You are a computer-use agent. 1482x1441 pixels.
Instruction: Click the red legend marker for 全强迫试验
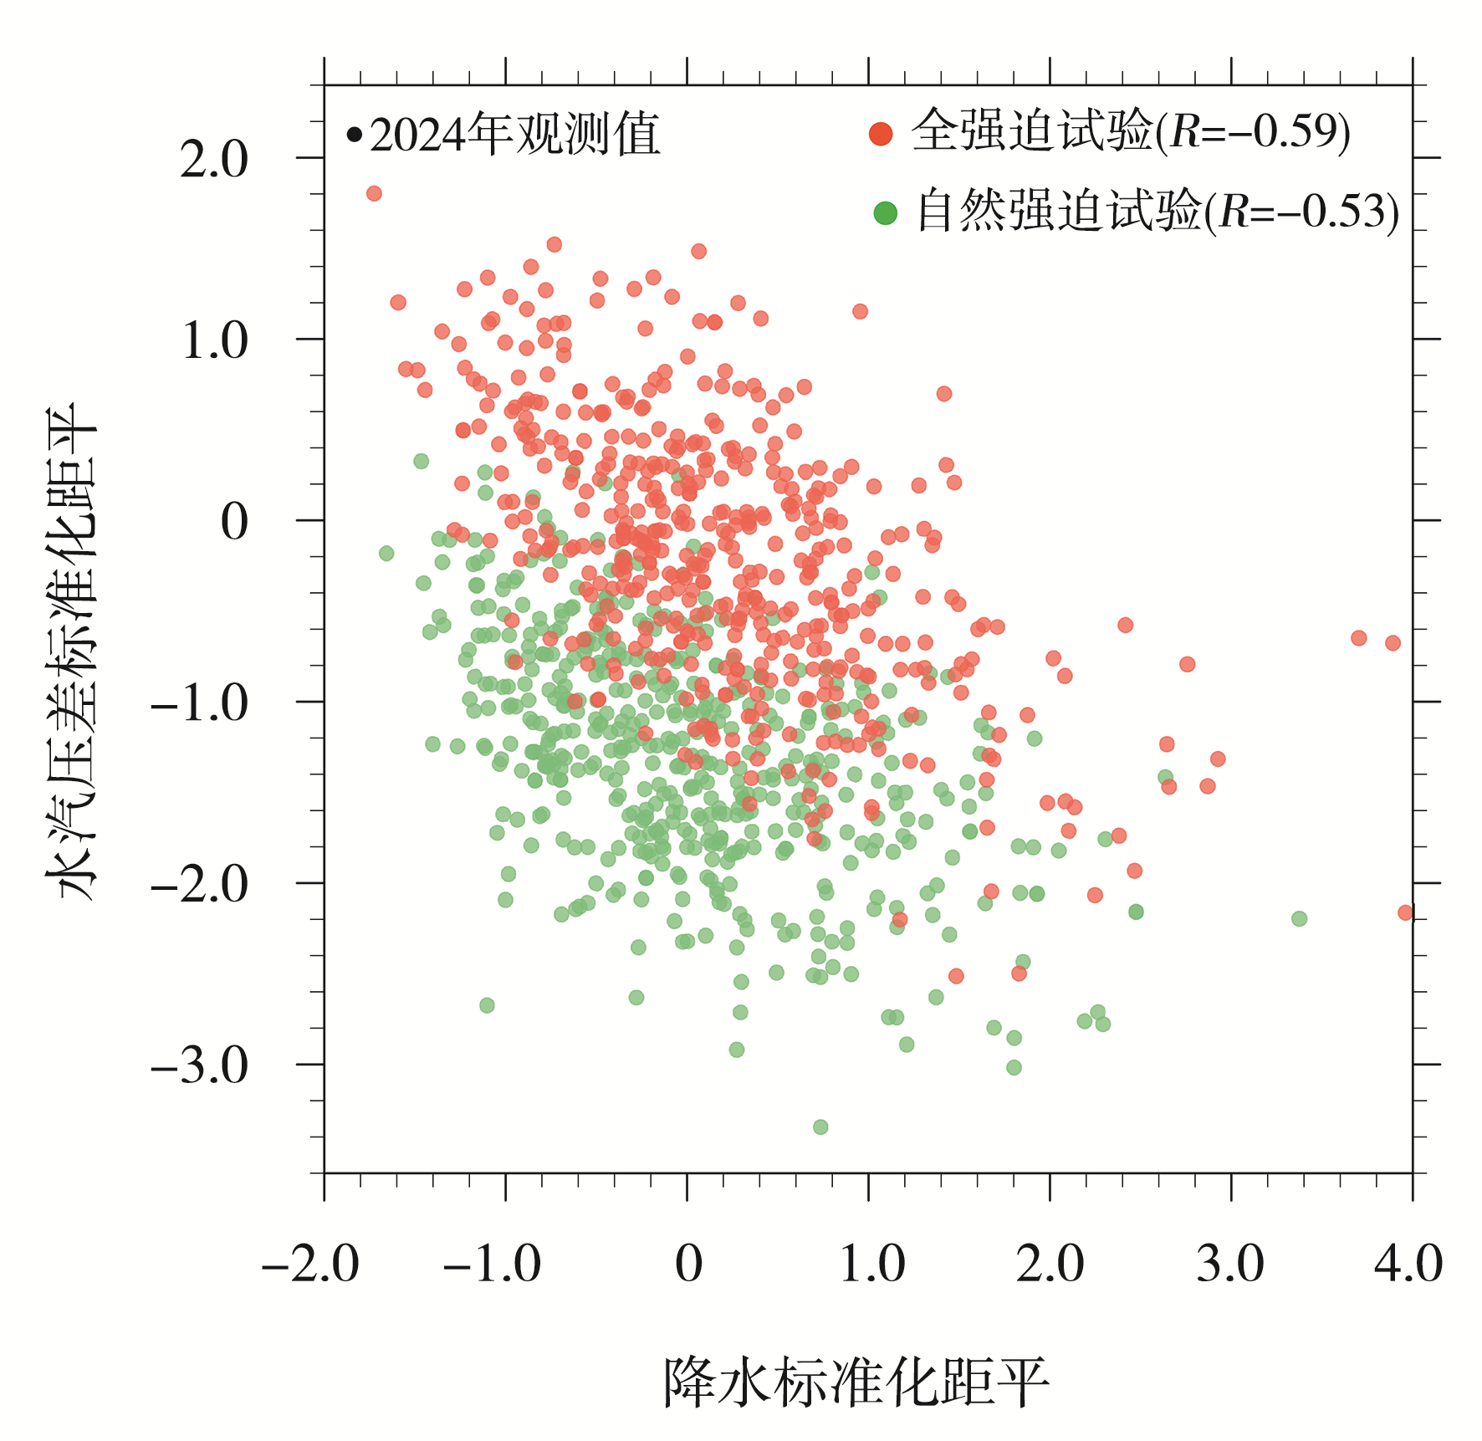pos(881,134)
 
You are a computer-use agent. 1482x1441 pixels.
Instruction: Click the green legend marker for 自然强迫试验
pos(885,212)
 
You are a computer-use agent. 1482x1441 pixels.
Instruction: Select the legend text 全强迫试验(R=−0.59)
pos(1131,132)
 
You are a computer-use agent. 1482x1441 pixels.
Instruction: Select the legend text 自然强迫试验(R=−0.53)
pos(1157,211)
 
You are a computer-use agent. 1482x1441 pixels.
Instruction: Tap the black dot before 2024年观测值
pos(355,134)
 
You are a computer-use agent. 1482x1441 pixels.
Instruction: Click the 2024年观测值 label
pos(514,134)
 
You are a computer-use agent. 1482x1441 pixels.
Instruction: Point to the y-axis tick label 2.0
pos(214,159)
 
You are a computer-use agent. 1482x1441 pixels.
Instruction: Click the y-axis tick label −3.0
pos(200,1065)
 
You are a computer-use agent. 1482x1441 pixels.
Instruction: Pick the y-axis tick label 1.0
pos(214,340)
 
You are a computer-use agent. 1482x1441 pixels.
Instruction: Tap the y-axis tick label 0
pos(234,522)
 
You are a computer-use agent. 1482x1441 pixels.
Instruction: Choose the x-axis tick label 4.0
pos(1408,1263)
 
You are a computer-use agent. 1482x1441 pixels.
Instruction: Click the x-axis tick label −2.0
pos(310,1263)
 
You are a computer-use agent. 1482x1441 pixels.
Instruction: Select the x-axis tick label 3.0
pos(1229,1263)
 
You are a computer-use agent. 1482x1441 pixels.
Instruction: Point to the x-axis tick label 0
pos(687,1263)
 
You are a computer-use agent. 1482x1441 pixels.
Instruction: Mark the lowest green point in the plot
pos(820,1127)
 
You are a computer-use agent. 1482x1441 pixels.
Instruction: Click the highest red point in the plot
pos(374,193)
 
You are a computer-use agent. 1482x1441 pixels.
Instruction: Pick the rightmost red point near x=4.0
pos(1405,912)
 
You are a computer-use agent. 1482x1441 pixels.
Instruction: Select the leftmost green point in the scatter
pos(386,553)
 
